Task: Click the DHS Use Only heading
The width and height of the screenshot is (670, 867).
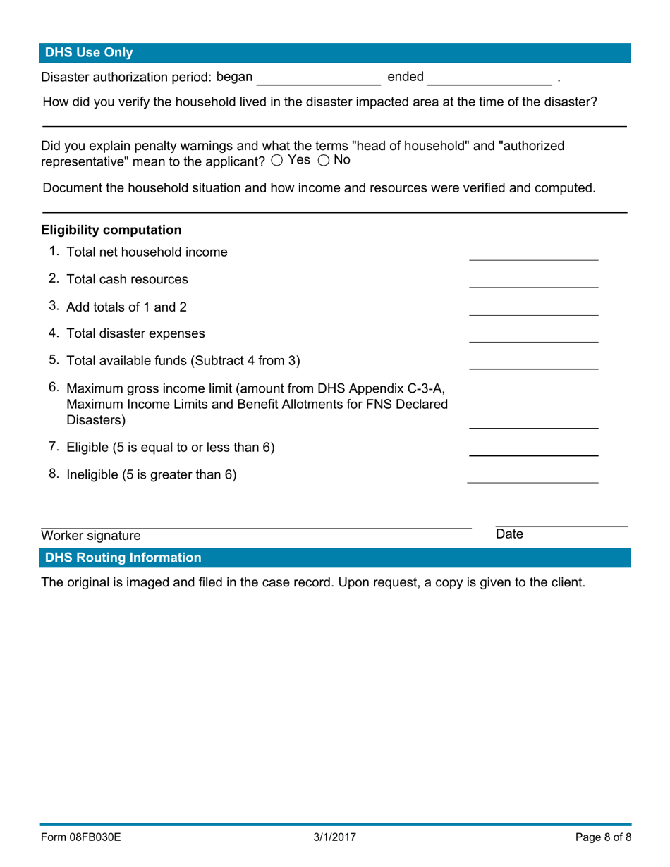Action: [x=89, y=53]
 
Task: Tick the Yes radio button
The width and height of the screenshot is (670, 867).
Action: [x=277, y=160]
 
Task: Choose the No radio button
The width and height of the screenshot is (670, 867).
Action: [x=324, y=160]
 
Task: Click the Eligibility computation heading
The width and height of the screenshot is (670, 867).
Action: [x=111, y=230]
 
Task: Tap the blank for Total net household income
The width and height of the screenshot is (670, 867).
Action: [x=533, y=253]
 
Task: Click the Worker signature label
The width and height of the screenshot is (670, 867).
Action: [x=91, y=536]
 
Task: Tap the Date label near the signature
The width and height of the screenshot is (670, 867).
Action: [x=509, y=535]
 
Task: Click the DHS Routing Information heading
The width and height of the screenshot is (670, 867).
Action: [x=123, y=558]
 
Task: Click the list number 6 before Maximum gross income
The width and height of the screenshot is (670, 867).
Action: [x=54, y=388]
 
